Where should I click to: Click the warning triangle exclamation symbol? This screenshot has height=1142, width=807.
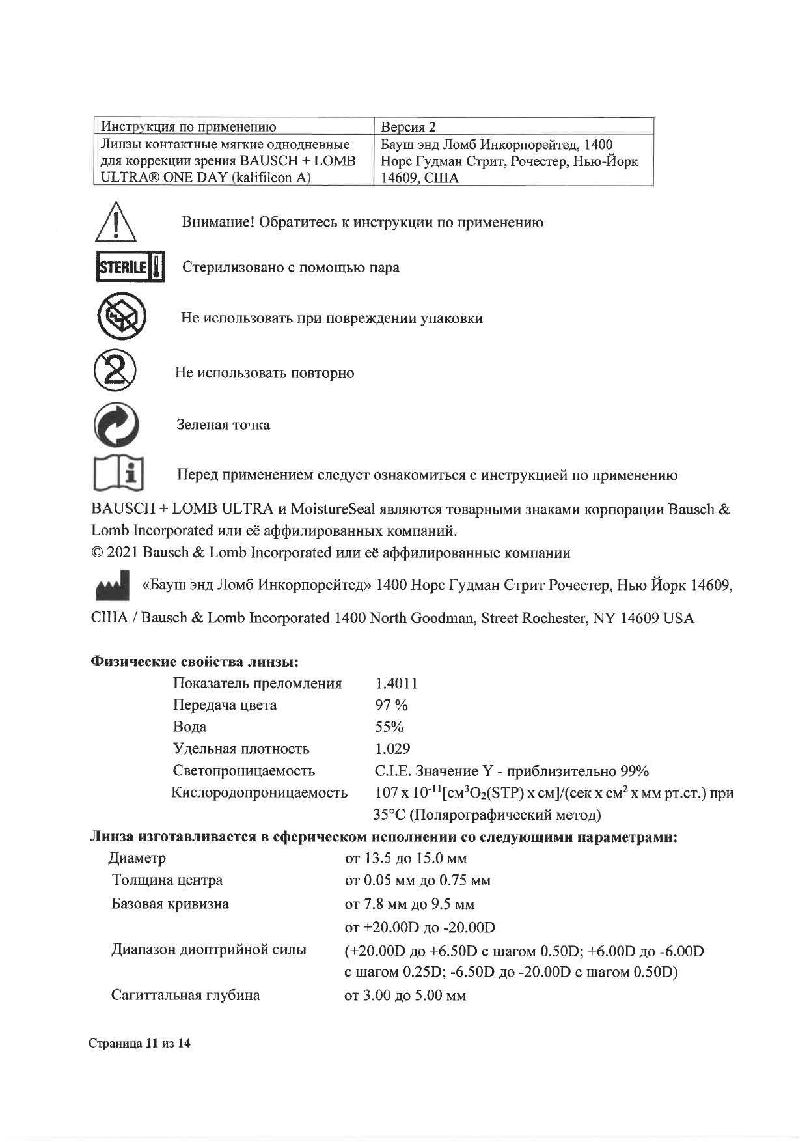[x=115, y=222]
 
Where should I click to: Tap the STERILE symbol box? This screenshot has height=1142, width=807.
[x=130, y=266]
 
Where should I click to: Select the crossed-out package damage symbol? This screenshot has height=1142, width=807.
[x=121, y=317]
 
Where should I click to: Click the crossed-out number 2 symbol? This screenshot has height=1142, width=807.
[x=115, y=370]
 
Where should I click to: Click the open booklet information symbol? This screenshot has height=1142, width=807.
[x=118, y=474]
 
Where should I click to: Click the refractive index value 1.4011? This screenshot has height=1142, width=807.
[x=396, y=683]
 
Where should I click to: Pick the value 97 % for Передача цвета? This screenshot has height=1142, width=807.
[x=391, y=705]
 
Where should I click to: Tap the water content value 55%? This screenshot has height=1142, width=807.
[x=389, y=727]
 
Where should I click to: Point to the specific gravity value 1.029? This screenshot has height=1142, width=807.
[x=392, y=749]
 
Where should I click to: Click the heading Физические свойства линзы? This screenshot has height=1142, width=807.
[x=194, y=662]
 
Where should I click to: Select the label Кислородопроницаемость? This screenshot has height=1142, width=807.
[x=259, y=792]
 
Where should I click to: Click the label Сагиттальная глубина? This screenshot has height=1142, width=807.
[x=185, y=995]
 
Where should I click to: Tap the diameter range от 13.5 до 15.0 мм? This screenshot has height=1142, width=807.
[x=405, y=858]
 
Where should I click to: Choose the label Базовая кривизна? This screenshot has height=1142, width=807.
[x=170, y=904]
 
